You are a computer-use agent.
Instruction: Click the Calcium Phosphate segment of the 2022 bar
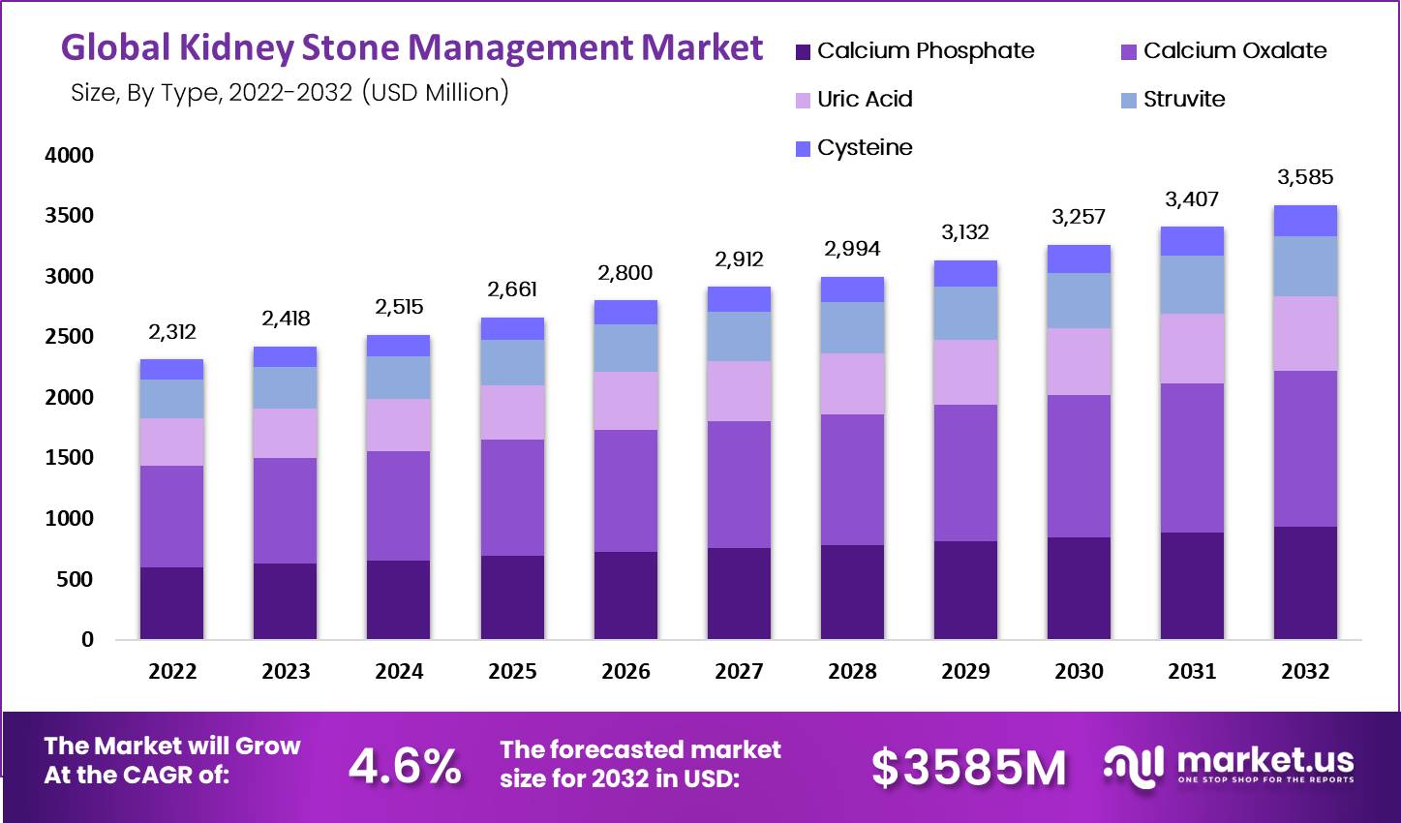pyautogui.click(x=171, y=603)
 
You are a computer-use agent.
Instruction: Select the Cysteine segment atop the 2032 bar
pyautogui.click(x=1305, y=221)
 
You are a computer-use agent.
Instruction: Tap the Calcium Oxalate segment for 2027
pyautogui.click(x=739, y=484)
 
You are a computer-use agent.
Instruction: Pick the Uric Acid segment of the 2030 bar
pyautogui.click(x=1079, y=361)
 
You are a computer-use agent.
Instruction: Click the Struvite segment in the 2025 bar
pyautogui.click(x=512, y=362)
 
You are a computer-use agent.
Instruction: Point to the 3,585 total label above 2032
pyautogui.click(x=1305, y=177)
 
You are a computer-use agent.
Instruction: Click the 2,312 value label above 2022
pyautogui.click(x=172, y=332)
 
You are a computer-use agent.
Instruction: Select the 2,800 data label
pyautogui.click(x=625, y=273)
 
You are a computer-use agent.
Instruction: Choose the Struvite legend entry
pyautogui.click(x=1183, y=99)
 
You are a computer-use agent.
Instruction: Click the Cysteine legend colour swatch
pyautogui.click(x=803, y=148)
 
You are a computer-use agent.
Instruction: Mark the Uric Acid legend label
pyautogui.click(x=865, y=99)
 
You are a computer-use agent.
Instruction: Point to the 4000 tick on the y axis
pyautogui.click(x=69, y=155)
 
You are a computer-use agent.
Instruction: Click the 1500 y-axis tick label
pyautogui.click(x=69, y=458)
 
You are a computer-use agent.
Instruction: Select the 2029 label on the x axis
pyautogui.click(x=965, y=671)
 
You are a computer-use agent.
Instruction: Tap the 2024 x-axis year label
pyautogui.click(x=399, y=671)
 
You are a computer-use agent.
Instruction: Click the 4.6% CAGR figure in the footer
pyautogui.click(x=405, y=767)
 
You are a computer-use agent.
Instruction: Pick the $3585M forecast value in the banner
pyautogui.click(x=968, y=768)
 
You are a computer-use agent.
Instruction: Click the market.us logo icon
pyautogui.click(x=1133, y=765)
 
